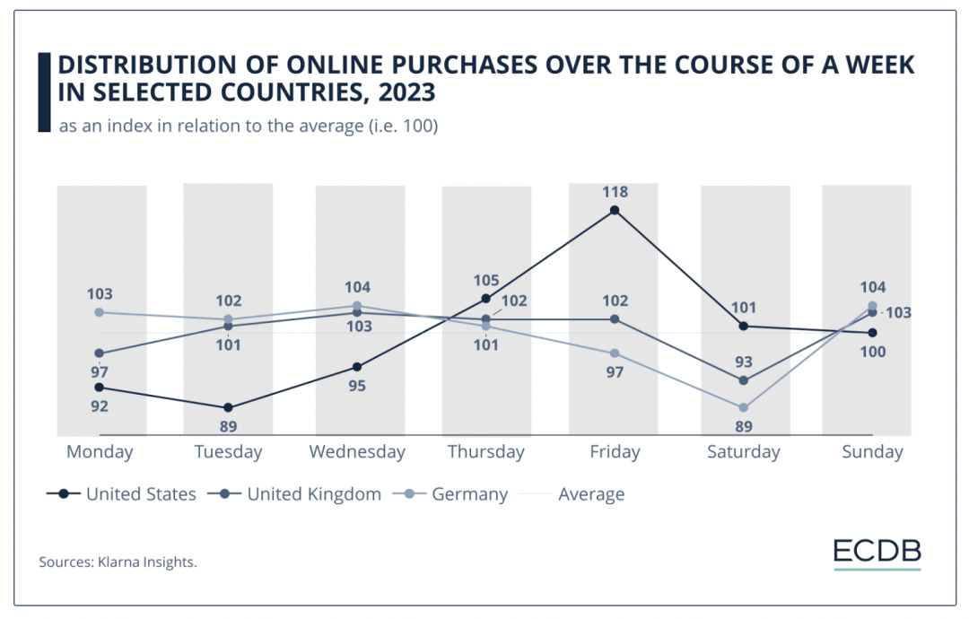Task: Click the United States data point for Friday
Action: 615,211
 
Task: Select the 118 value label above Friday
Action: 615,192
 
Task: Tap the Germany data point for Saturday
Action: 743,407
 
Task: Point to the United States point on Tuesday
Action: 228,407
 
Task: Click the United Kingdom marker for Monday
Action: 100,353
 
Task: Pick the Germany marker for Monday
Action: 100,312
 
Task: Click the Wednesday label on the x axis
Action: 357,452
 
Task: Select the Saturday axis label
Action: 743,452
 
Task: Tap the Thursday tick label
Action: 485,452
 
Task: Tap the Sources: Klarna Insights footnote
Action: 118,562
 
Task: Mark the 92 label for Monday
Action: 99,406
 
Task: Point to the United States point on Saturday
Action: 743,326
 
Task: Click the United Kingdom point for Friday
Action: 615,319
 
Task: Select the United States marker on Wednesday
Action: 357,367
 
